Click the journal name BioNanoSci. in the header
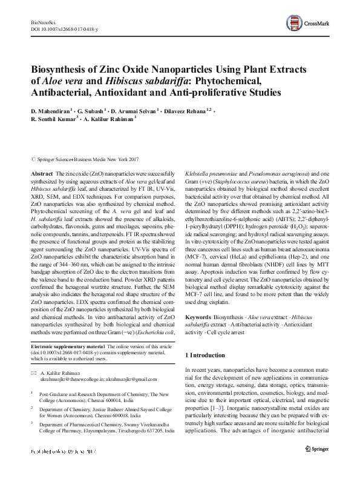[42, 22]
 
